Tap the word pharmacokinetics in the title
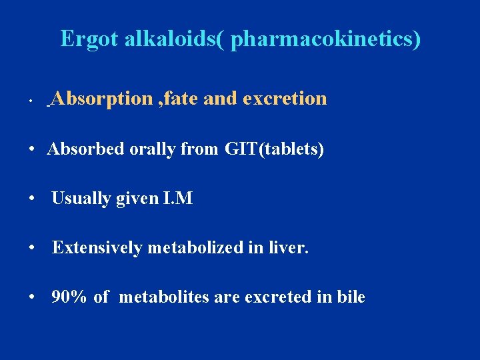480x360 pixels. point(324,39)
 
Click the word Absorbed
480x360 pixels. point(85,149)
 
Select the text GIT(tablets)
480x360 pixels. point(274,149)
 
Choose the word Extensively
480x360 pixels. point(97,247)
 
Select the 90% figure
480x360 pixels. point(69,297)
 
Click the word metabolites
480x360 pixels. point(164,297)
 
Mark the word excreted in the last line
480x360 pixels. point(278,297)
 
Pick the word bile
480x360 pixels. point(349,297)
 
